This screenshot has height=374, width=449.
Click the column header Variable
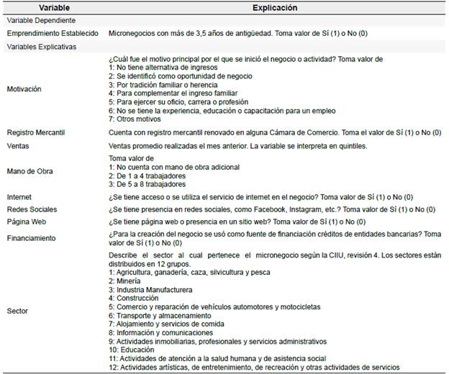click(35, 8)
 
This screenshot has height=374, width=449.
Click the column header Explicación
click(276, 8)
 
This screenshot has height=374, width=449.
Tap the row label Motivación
click(24, 89)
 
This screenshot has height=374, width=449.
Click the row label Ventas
click(19, 145)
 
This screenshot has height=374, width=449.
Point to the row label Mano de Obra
click(30, 171)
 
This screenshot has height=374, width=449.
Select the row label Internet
click(19, 196)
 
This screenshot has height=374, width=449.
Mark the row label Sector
click(18, 311)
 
